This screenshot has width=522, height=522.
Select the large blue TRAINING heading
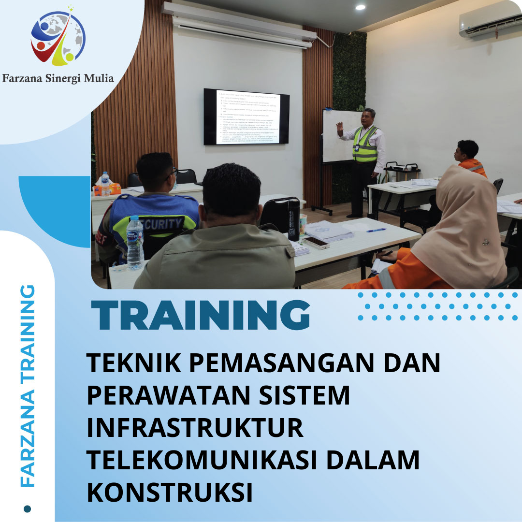pos(201,316)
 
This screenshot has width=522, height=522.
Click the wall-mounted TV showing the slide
pos(246,116)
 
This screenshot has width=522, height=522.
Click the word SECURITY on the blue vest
pos(162,223)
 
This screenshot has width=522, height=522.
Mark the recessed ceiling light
pos(360,7)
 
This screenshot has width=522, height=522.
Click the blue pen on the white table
pos(376,230)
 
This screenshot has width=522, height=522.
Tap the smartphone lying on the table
pos(316,242)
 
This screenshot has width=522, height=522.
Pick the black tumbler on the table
pos(293,220)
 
